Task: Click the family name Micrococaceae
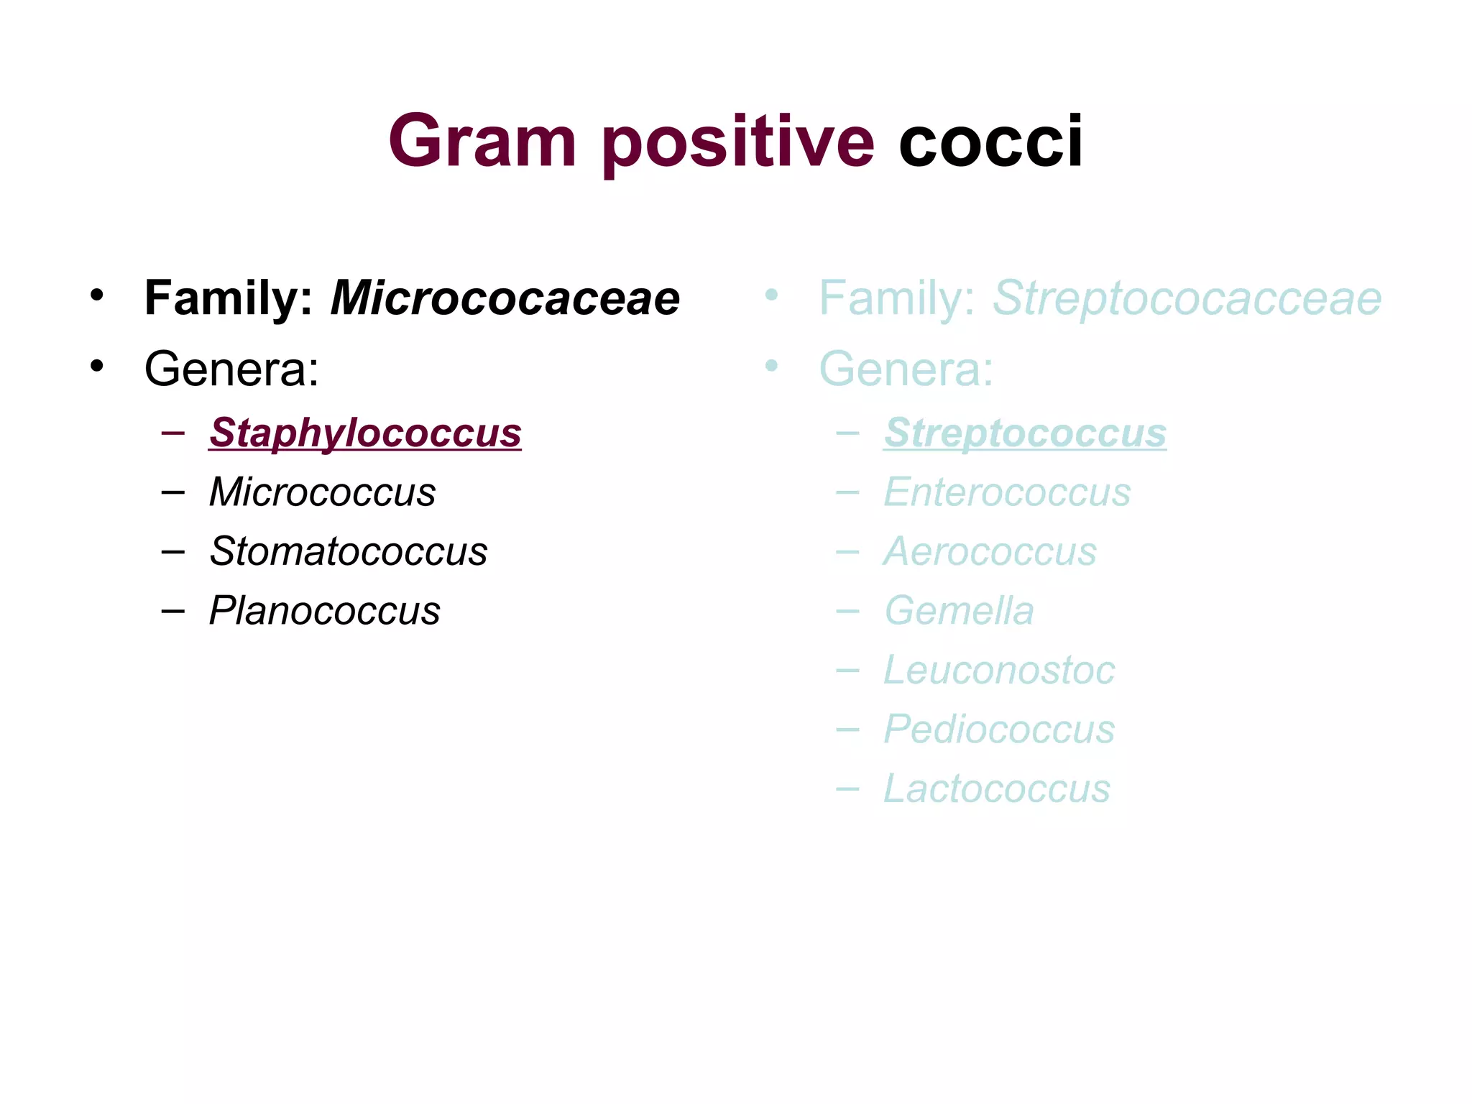505,298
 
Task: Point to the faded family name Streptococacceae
1187,298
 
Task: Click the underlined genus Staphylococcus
365,433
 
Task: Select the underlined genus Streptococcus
1025,433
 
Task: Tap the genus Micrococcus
322,492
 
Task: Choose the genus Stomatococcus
349,551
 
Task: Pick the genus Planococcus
324,611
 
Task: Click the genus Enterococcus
1007,492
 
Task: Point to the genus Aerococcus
990,551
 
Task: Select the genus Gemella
959,611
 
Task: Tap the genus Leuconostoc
999,670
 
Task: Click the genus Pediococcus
999,730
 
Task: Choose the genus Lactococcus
997,788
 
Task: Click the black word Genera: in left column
231,369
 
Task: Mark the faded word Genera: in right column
906,369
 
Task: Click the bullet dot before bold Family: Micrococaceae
97,295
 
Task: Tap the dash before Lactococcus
847,789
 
